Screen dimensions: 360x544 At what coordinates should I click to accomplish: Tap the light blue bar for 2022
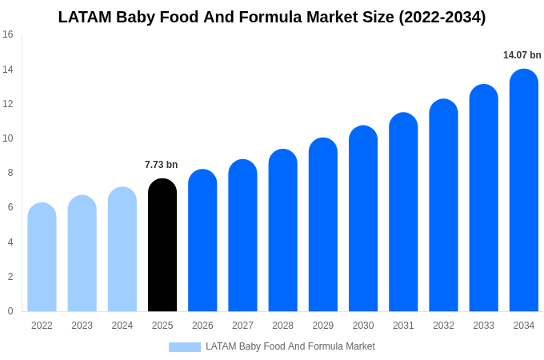[42, 257]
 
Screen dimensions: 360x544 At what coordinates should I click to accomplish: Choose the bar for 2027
[242, 235]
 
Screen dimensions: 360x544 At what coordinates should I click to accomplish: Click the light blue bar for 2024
[122, 249]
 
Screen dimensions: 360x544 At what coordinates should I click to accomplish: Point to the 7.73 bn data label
[162, 165]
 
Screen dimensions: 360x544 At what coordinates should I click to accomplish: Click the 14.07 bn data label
[522, 55]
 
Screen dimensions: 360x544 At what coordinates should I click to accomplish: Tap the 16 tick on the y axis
[8, 34]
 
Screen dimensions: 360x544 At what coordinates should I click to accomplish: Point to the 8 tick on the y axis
[10, 173]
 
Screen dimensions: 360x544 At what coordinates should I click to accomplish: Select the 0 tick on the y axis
[10, 311]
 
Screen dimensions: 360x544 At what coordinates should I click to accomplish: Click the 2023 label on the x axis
[82, 326]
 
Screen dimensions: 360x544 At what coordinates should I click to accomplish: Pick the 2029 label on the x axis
[323, 326]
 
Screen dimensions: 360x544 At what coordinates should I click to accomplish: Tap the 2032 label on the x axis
[443, 326]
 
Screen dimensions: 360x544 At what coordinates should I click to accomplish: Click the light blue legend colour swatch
[185, 347]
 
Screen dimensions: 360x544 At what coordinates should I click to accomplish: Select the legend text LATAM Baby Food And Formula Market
[290, 346]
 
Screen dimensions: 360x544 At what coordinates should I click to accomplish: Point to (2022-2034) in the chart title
[442, 17]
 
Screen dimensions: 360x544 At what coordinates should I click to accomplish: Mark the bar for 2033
[483, 198]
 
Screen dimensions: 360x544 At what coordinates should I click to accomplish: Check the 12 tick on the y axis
[8, 104]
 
